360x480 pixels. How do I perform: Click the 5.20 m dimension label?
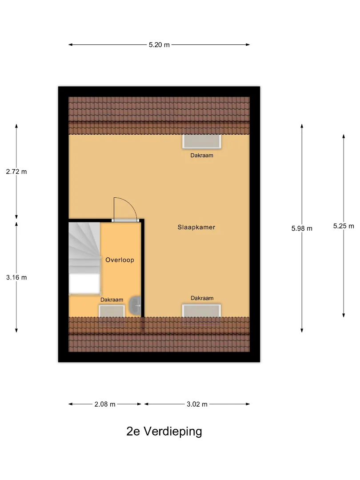[x=159, y=45]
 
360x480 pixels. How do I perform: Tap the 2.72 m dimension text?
[x=16, y=172]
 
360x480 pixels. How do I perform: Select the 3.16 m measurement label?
[x=16, y=277]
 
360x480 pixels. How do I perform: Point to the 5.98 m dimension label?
[x=302, y=228]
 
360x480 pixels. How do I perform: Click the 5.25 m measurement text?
[x=344, y=226]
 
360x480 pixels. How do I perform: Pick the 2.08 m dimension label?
[x=105, y=404]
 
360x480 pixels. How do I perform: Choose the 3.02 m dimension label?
[x=197, y=404]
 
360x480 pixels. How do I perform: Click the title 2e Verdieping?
[x=164, y=431]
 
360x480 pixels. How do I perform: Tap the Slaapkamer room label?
[x=196, y=227]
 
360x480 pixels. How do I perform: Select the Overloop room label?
[x=120, y=260]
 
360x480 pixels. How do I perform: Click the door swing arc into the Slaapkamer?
[x=132, y=204]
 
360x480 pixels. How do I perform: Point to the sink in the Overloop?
[x=135, y=305]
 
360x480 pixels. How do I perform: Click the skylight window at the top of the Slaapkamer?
[x=202, y=141]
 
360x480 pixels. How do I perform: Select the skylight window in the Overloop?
[x=112, y=311]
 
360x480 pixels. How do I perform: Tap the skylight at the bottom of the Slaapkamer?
[x=201, y=310]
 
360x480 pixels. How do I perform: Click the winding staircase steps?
[x=84, y=248]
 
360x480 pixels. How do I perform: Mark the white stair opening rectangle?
[x=84, y=284]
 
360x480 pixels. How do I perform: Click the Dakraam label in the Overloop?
[x=112, y=300]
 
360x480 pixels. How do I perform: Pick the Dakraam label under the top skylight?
[x=202, y=156]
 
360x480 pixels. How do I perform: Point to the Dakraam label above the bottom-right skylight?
[x=202, y=298]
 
